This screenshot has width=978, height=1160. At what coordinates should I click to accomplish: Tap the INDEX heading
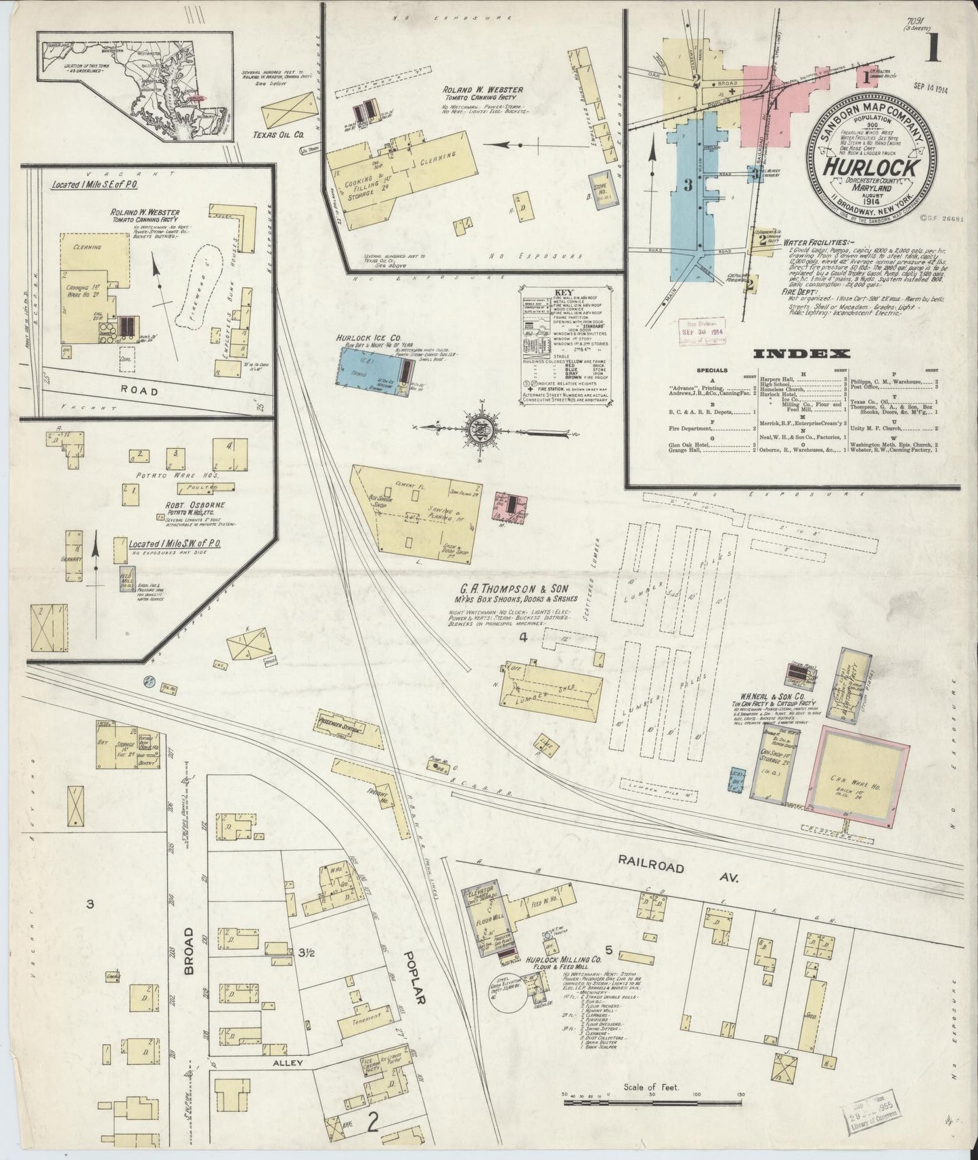[x=801, y=353]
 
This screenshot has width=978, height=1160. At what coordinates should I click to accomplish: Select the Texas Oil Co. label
[x=280, y=135]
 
